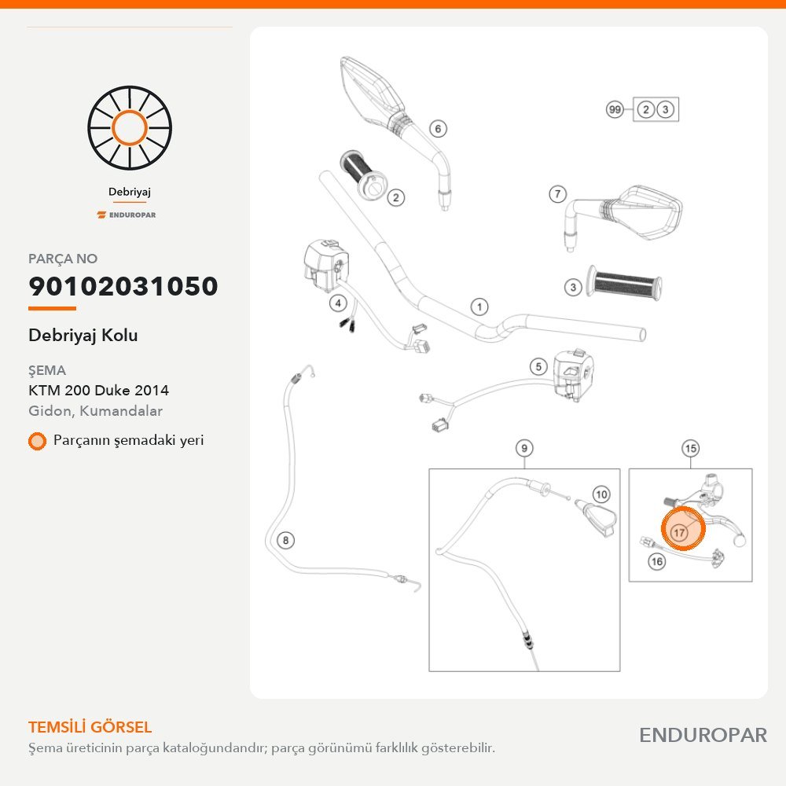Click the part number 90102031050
(x=123, y=286)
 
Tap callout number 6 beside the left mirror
(x=438, y=129)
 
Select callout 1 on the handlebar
(x=479, y=307)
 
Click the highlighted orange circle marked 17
(x=683, y=528)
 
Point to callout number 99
(x=615, y=109)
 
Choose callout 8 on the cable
(x=286, y=541)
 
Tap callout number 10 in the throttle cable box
(x=601, y=494)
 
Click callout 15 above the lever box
(x=690, y=448)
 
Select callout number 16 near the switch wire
(x=656, y=561)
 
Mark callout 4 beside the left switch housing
(x=338, y=303)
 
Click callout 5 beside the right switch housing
(x=538, y=366)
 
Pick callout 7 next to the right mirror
(x=558, y=193)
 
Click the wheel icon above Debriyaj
(x=130, y=128)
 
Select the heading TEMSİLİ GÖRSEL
(x=90, y=727)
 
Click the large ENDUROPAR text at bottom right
(x=703, y=736)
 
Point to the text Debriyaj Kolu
(x=83, y=335)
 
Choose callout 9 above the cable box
(x=524, y=448)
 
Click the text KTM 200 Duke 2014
(x=99, y=390)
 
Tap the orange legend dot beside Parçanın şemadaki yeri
(x=37, y=441)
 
